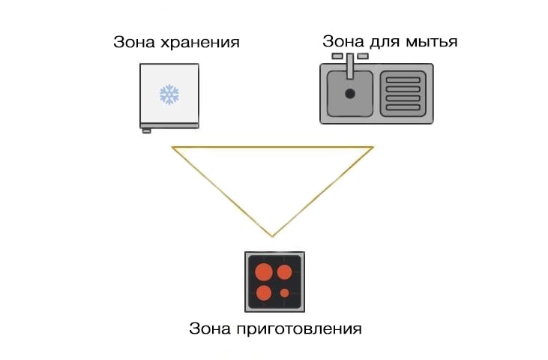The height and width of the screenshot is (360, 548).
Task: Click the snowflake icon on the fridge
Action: coord(169,94)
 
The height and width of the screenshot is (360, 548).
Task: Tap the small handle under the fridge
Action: coord(147,130)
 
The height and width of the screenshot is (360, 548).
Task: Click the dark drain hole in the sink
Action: coord(349,94)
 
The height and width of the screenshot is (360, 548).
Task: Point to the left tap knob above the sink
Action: coord(337,56)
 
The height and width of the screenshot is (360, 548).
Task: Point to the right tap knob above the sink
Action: coord(363,56)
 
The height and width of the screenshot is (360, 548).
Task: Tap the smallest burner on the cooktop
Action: coord(285,292)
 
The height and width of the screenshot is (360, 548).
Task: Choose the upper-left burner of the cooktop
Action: coord(264,271)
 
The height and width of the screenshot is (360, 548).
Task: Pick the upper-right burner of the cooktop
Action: coord(285,271)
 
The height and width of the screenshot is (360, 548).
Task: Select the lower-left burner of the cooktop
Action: coord(264,292)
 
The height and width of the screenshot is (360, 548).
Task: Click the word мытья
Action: coord(433,40)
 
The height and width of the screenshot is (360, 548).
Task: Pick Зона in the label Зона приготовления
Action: coord(208,328)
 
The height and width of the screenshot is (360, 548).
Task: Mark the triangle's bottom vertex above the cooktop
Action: coord(273,236)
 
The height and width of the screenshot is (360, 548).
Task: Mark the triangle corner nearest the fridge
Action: coord(173,147)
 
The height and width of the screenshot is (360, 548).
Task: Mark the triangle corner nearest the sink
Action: coord(372,147)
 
